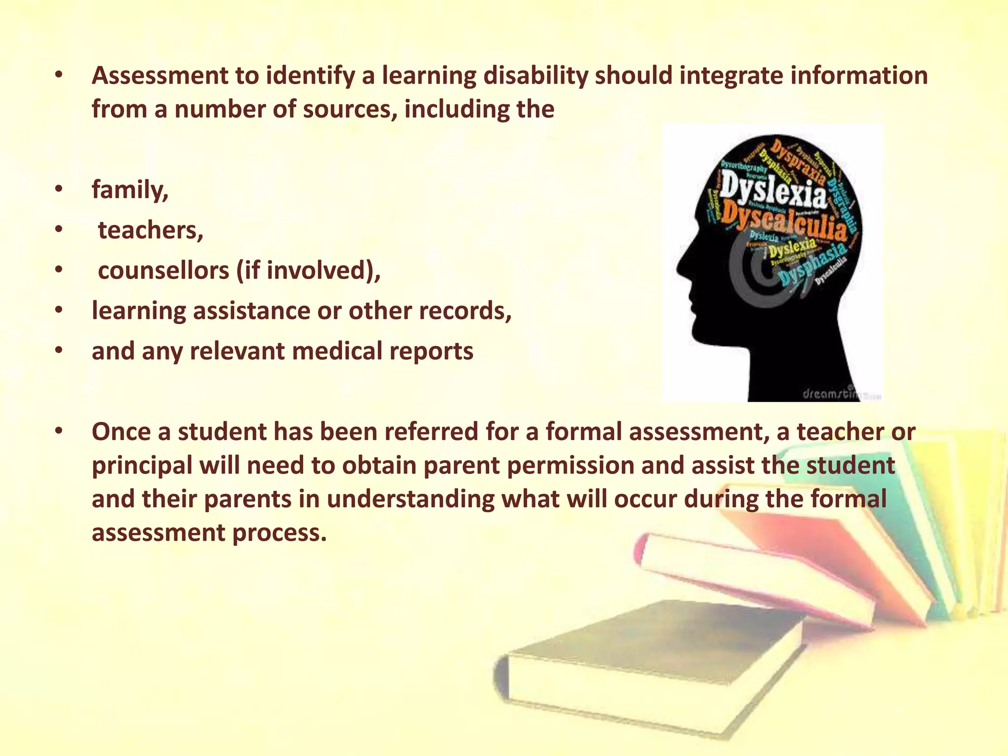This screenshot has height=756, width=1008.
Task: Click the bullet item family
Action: coord(130,190)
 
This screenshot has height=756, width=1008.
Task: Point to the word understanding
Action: coord(410,500)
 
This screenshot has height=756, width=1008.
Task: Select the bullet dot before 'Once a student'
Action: coord(59,432)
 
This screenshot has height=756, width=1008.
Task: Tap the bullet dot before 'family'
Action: coord(59,190)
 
